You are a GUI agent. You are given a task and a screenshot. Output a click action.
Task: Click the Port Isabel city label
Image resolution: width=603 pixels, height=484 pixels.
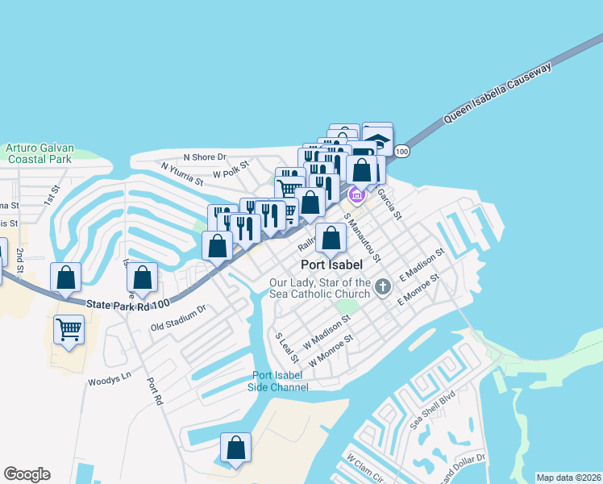click(x=331, y=264)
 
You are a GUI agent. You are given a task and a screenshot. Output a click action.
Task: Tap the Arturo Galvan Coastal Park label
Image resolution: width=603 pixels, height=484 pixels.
click(x=40, y=153)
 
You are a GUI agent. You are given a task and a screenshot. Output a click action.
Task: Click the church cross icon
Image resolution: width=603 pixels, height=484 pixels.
click(x=382, y=286)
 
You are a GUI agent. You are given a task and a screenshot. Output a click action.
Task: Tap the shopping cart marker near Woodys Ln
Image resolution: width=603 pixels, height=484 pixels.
click(x=69, y=329)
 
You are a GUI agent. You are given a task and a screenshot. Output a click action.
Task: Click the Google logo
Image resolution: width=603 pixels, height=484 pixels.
click(x=27, y=474)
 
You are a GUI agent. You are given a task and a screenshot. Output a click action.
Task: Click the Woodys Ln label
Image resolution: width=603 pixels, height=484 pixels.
click(x=109, y=378)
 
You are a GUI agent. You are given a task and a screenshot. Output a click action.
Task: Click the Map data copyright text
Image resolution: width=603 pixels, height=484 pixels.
click(x=568, y=478)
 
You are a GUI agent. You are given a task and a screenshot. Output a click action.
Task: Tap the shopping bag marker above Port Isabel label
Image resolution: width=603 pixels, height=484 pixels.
click(x=331, y=237)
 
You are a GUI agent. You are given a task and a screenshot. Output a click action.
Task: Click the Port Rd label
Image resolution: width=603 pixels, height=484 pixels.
click(x=156, y=390)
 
